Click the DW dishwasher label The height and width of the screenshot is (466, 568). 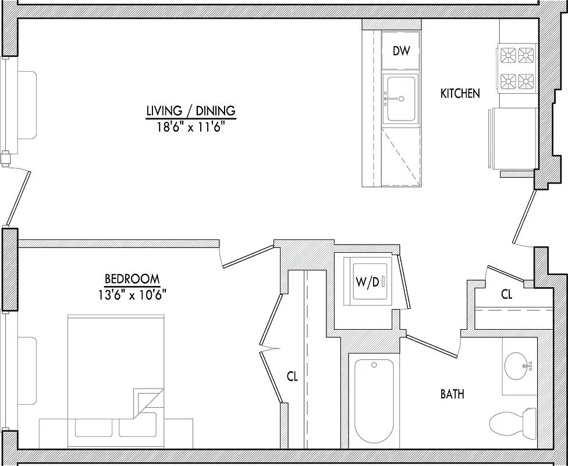[401, 51]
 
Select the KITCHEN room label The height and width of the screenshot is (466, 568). [460, 93]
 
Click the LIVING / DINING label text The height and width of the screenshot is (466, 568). [190, 110]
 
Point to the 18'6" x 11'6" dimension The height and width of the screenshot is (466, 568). [190, 126]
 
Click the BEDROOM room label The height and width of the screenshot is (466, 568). [132, 279]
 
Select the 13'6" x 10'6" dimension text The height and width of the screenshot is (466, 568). [132, 294]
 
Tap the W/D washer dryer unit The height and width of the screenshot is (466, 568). [368, 281]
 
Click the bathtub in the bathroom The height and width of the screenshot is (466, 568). [374, 402]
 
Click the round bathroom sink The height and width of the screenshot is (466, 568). [519, 366]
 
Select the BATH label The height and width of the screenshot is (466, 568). [452, 394]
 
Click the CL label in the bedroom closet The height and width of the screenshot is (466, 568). [292, 377]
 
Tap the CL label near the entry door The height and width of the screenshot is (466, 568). [507, 295]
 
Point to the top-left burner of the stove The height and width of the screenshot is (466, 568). [509, 55]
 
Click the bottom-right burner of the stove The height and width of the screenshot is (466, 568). [527, 81]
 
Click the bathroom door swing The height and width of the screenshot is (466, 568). [434, 345]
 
